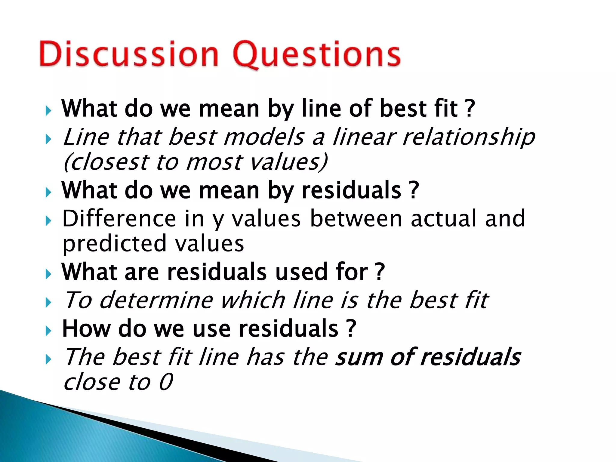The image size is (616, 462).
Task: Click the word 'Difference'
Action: (119, 219)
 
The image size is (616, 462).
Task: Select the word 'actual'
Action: (444, 219)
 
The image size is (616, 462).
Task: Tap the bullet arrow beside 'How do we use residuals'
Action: (48, 331)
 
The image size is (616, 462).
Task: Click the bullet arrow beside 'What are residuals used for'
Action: (48, 274)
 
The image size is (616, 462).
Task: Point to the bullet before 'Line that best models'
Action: (48, 139)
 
